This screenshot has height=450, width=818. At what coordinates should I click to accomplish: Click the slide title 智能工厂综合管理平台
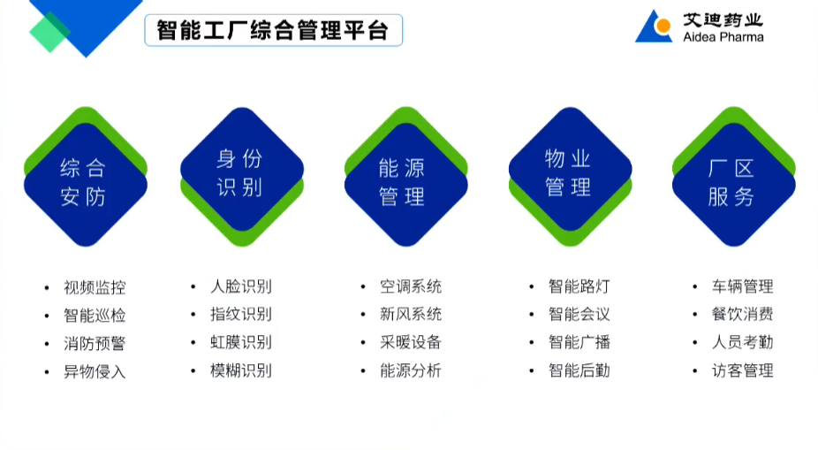[x=272, y=30]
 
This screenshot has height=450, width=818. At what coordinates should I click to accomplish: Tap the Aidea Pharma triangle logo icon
[x=653, y=27]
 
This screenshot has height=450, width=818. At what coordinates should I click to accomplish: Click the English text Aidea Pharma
[x=723, y=37]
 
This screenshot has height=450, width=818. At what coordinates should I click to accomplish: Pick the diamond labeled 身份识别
[x=240, y=172]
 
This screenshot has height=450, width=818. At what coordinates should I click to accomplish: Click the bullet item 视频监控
[x=95, y=287]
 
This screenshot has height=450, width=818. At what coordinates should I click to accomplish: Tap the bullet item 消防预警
[x=95, y=343]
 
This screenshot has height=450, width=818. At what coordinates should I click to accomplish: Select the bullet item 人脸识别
[x=240, y=286]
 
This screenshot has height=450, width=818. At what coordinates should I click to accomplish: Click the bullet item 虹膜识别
[x=240, y=342]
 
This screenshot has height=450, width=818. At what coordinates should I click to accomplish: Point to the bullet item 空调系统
[x=411, y=286]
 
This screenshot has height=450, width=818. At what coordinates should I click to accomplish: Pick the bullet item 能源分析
[x=411, y=370]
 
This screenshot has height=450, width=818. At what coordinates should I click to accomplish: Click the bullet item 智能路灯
[x=579, y=286]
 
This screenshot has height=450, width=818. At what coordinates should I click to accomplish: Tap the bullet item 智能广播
[x=579, y=342]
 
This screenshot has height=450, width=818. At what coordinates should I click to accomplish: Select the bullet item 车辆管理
[x=743, y=286]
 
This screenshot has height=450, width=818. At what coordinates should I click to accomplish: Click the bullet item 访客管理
[x=743, y=370]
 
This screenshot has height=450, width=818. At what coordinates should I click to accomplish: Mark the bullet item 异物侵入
[x=95, y=371]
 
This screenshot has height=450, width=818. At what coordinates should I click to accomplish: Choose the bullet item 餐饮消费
[x=743, y=314]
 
